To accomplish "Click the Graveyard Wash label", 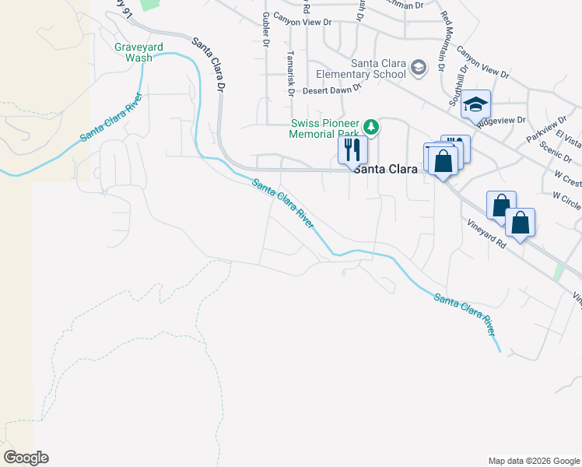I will (x=139, y=52).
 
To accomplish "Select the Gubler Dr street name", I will (x=265, y=30).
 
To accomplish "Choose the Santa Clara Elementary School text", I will (x=378, y=68).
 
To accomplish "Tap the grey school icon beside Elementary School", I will (x=419, y=68).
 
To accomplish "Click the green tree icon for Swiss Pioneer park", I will (x=372, y=126).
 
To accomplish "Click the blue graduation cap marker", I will (x=475, y=104).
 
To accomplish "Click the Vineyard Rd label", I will (x=489, y=233).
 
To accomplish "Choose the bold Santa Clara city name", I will (x=385, y=168).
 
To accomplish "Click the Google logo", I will (x=26, y=458).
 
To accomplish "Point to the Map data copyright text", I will (x=534, y=461).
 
